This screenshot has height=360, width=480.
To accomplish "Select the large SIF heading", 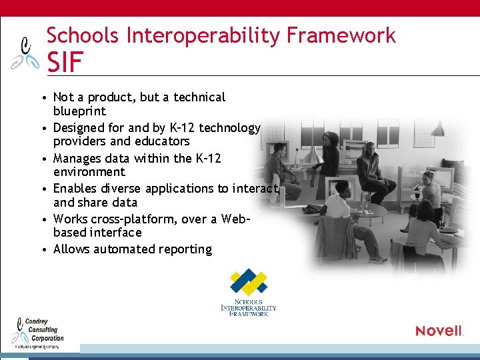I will pyautogui.click(x=65, y=63).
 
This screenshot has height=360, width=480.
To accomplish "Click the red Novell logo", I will pyautogui.click(x=439, y=331).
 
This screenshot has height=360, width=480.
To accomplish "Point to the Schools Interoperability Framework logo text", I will pyautogui.click(x=248, y=307).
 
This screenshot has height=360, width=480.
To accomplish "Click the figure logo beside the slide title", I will pyautogui.click(x=26, y=53).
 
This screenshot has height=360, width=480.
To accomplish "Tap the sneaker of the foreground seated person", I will pyautogui.click(x=378, y=259).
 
